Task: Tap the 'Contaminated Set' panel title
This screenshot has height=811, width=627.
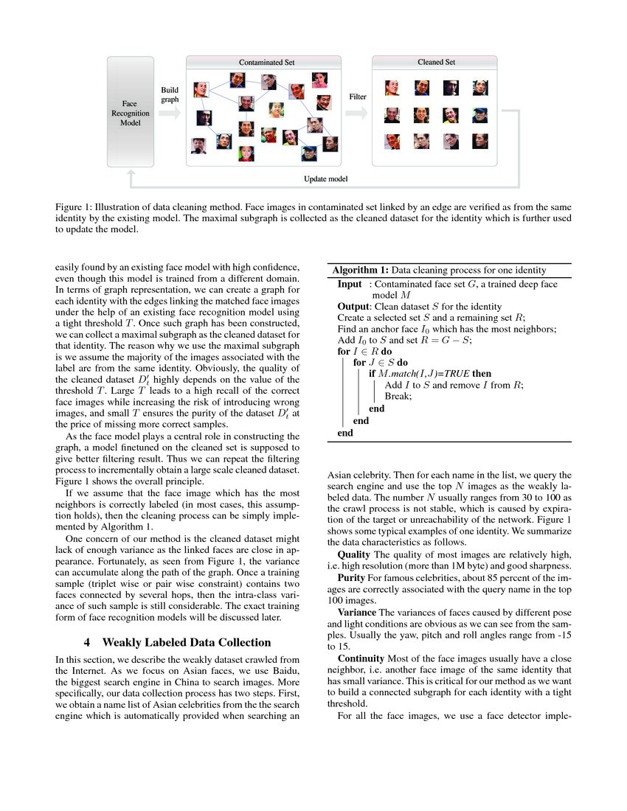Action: point(263,63)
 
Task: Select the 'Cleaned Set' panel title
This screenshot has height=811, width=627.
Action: point(436,62)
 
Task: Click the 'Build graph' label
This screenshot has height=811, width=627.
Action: point(170,94)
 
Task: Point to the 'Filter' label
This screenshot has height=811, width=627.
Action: point(357,97)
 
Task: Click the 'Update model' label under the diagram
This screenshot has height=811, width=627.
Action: point(326,179)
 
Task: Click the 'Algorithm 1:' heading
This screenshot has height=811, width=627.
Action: point(360,270)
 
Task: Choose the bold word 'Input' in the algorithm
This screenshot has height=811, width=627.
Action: point(350,284)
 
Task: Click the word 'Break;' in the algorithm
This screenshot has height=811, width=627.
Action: point(399,396)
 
